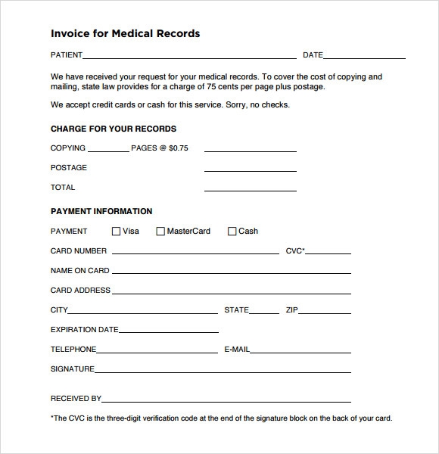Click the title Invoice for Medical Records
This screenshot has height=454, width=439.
pyautogui.click(x=125, y=33)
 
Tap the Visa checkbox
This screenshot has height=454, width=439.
pyautogui.click(x=116, y=232)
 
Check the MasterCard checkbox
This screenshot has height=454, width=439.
pyautogui.click(x=160, y=232)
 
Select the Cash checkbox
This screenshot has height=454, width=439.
pyautogui.click(x=232, y=232)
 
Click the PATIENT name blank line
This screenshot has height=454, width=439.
pyautogui.click(x=189, y=56)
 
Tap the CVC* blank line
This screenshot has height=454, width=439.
pyautogui.click(x=328, y=251)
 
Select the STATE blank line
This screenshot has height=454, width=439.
pyautogui.click(x=264, y=310)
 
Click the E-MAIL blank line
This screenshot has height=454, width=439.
pyautogui.click(x=300, y=350)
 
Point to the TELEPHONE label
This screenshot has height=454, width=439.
pyautogui.click(x=73, y=350)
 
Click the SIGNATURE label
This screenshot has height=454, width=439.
pyautogui.click(x=73, y=369)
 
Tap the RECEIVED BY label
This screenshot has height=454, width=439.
pyautogui.click(x=76, y=398)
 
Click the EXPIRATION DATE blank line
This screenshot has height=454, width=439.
pyautogui.click(x=170, y=330)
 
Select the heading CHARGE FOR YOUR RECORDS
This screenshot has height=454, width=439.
pyautogui.click(x=114, y=129)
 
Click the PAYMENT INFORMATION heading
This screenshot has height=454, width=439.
pyautogui.click(x=101, y=211)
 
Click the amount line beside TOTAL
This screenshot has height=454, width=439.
pyautogui.click(x=250, y=188)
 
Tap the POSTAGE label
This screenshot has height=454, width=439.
pyautogui.click(x=69, y=168)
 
